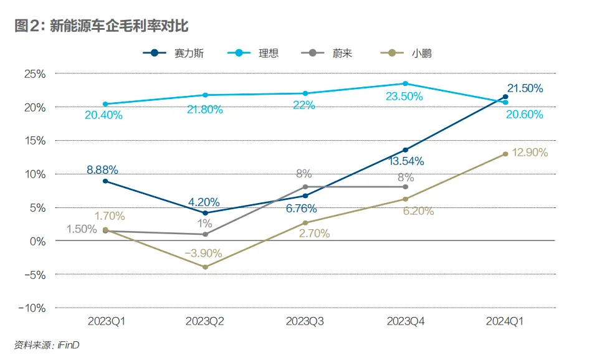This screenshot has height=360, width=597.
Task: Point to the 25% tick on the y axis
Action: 34,73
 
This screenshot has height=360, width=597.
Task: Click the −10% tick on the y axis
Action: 31,308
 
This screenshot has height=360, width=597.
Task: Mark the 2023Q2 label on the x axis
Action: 205,321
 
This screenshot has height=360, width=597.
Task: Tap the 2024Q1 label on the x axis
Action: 505,321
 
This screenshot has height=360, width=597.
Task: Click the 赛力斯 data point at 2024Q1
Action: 505,97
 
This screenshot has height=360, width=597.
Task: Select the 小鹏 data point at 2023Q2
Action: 205,267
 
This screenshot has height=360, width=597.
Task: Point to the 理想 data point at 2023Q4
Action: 405,83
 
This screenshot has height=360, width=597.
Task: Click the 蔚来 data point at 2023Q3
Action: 305,187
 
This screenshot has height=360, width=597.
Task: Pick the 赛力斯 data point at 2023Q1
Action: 105,181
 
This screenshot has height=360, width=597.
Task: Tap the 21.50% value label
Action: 524,88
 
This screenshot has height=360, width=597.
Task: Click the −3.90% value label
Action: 204,253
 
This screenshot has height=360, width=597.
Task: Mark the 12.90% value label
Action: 530,153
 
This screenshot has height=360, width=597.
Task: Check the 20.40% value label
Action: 104,115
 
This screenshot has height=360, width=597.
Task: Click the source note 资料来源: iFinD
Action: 47,344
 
